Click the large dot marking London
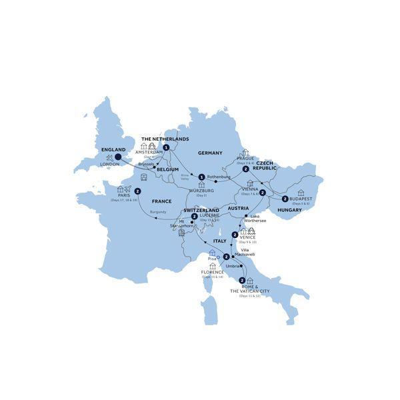[x=118, y=158]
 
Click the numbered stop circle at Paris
[x=137, y=192]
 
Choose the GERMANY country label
[x=210, y=153]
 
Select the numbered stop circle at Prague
[x=246, y=169]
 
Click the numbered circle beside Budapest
[x=285, y=199]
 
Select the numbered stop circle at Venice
[x=235, y=235]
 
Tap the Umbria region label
[x=233, y=265]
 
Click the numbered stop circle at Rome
[x=241, y=281]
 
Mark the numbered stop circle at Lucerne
[x=194, y=216]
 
